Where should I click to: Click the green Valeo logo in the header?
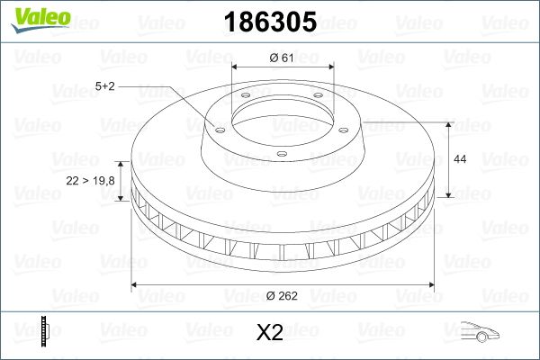click(40, 20)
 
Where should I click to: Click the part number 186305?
click(270, 22)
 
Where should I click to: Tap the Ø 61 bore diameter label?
click(282, 58)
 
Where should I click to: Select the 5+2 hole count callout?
click(104, 86)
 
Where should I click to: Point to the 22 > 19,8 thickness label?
click(90, 181)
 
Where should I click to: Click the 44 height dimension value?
click(460, 159)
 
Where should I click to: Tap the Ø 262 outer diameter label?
click(282, 295)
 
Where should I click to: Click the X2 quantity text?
click(270, 332)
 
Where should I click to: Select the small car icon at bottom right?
click(480, 331)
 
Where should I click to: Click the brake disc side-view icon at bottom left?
click(45, 331)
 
